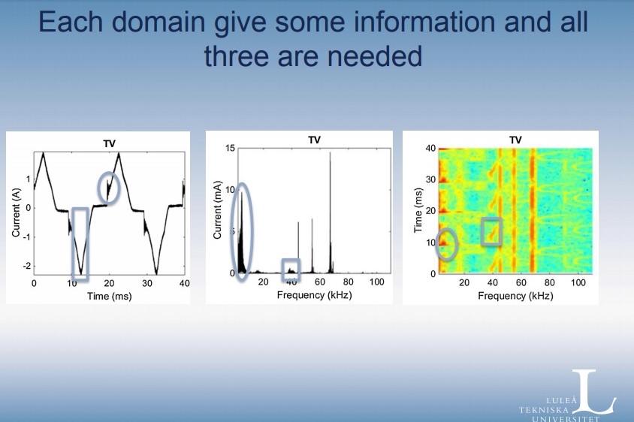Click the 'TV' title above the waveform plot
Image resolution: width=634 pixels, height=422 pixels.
[109, 143]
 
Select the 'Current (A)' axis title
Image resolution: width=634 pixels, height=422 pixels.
[16, 213]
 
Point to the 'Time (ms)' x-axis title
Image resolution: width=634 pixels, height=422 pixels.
[110, 297]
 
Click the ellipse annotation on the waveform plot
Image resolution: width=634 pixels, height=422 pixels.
[99, 188]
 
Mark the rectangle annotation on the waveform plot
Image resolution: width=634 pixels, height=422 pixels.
[73, 243]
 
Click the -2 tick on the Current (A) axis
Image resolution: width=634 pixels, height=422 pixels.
[27, 266]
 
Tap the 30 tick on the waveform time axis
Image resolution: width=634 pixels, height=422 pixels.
[146, 283]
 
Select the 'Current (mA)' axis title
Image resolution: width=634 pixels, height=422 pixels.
[217, 209]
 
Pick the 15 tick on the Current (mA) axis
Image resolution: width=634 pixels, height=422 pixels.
[230, 149]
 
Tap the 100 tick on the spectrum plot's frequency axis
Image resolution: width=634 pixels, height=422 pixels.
[376, 282]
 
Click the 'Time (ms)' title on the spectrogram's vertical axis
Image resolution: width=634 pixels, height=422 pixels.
[418, 210]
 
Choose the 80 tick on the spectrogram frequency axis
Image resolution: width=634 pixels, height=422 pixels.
[549, 282]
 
